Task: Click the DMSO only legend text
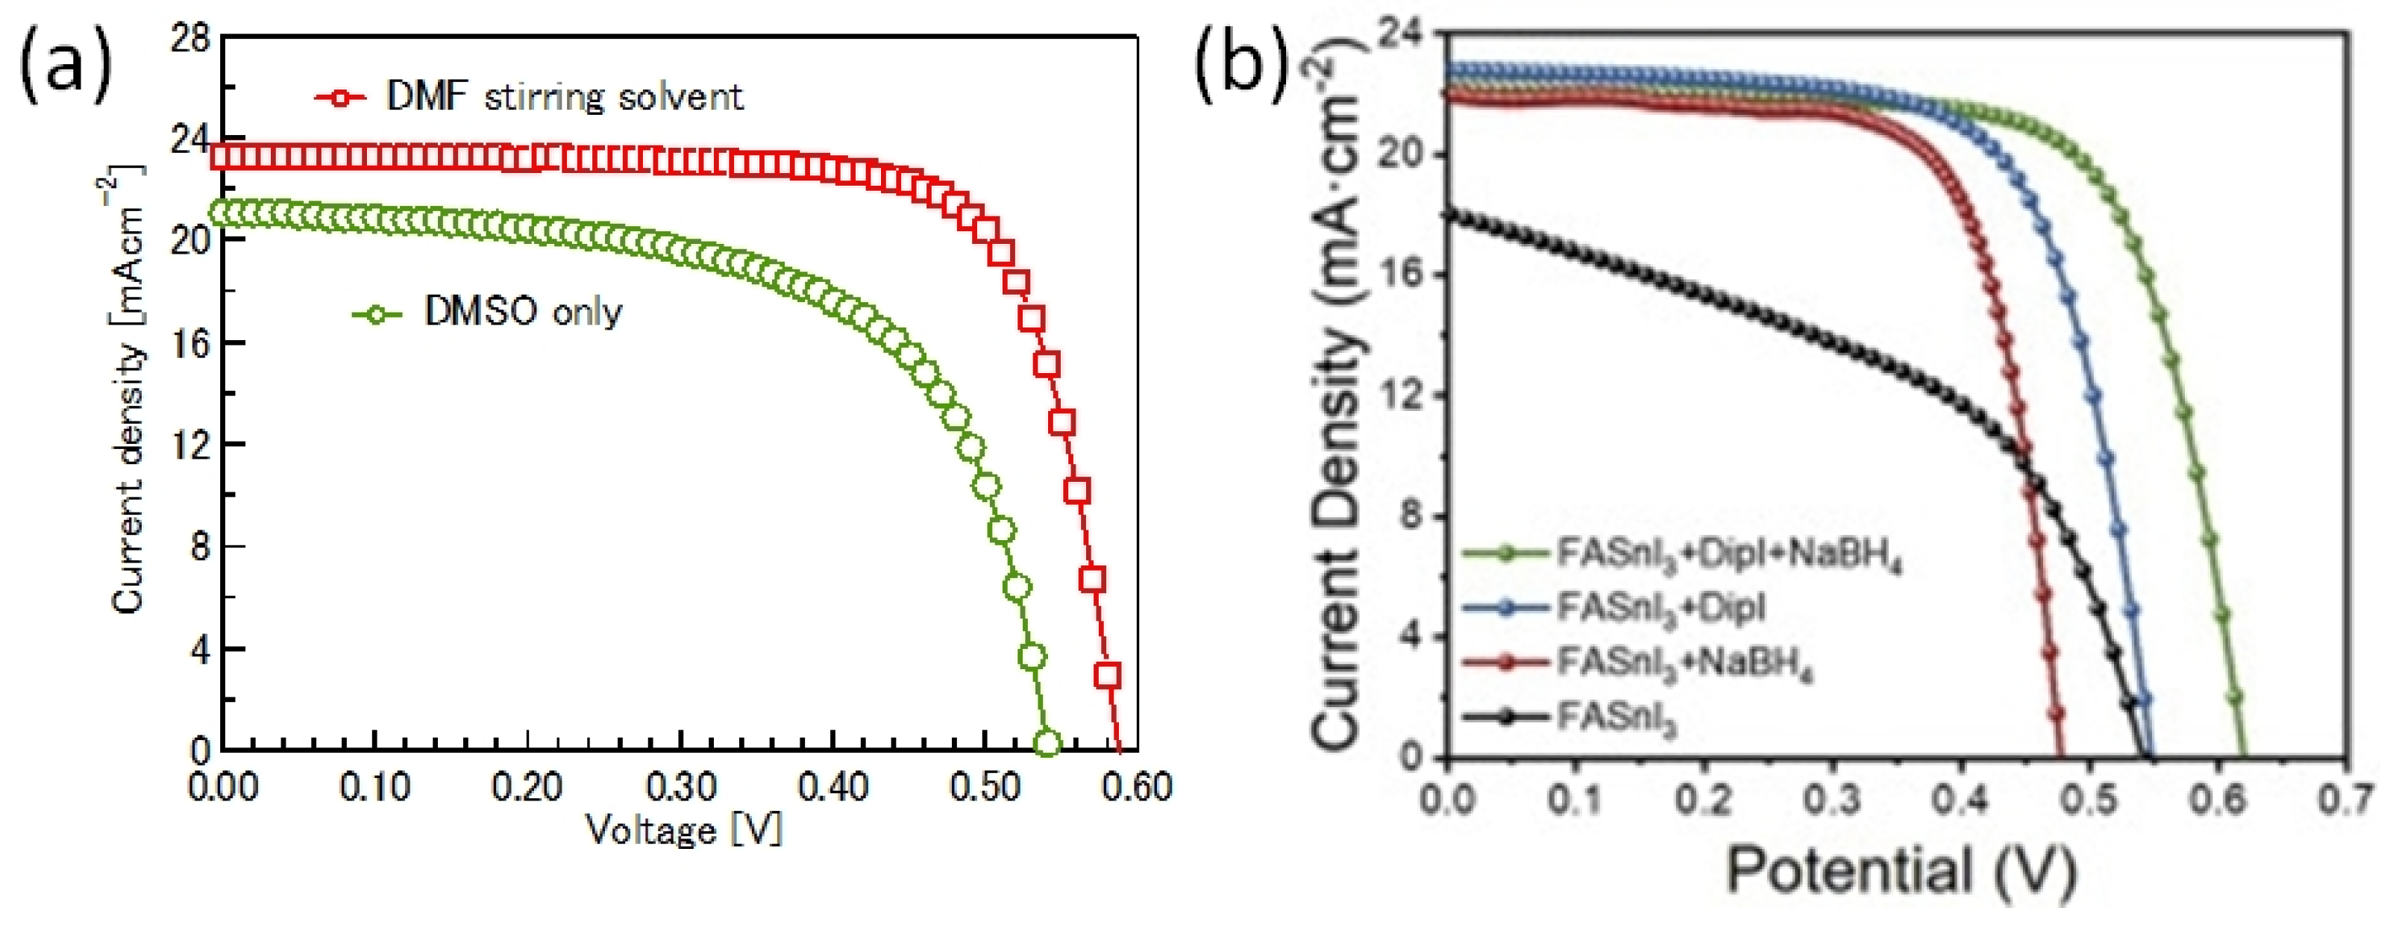point(523,312)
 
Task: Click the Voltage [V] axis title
point(684,830)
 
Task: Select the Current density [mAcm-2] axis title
point(130,390)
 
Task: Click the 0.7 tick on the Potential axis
point(2347,800)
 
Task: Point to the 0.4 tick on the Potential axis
point(1961,800)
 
